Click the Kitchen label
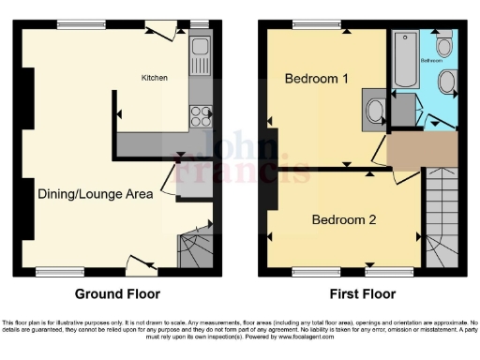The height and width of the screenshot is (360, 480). click(155, 78)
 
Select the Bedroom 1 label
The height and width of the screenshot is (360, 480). click(316, 79)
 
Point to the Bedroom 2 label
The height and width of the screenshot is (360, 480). click(343, 220)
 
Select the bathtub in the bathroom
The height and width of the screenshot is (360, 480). click(404, 58)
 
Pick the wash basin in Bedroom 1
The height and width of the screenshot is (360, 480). click(375, 111)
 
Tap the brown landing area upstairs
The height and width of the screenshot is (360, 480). click(422, 150)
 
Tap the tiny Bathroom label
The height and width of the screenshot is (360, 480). click(430, 60)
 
